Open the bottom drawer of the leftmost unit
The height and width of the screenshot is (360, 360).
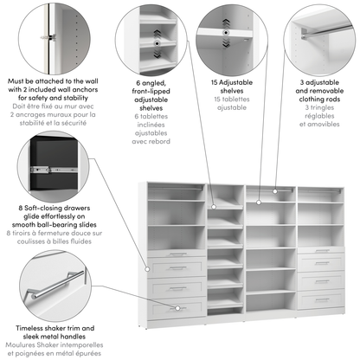coord(177,306)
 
